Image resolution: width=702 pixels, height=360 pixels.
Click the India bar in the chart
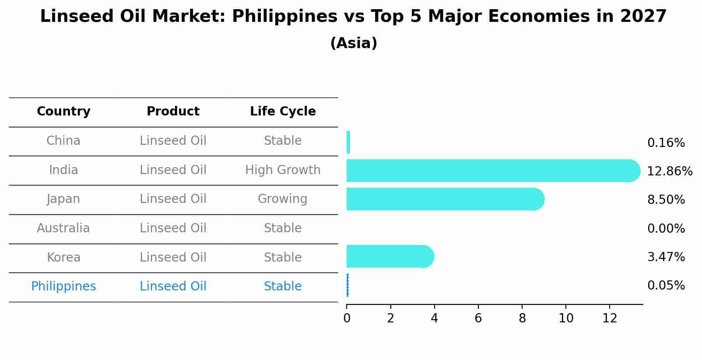click(490, 171)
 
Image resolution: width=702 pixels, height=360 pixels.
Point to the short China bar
click(348, 142)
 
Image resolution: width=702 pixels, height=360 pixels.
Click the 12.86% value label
click(669, 171)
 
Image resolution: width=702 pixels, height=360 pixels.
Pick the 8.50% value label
click(666, 200)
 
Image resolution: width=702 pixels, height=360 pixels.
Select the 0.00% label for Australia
click(666, 228)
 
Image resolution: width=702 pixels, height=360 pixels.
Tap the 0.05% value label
click(666, 286)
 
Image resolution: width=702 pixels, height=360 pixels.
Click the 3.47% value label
click(666, 257)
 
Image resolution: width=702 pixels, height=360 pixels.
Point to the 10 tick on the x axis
click(566, 318)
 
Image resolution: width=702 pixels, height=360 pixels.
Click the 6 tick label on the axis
click(478, 318)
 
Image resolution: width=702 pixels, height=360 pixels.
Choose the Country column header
click(63, 112)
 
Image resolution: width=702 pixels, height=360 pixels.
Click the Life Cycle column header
click(283, 112)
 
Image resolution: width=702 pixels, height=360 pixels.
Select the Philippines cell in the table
click(63, 287)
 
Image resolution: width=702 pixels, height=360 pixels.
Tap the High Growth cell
click(283, 170)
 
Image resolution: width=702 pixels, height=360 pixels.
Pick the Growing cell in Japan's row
click(283, 199)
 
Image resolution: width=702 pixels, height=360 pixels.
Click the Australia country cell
click(63, 228)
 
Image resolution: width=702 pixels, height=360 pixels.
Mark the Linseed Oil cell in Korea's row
click(173, 257)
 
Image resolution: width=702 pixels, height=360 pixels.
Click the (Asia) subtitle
click(354, 43)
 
